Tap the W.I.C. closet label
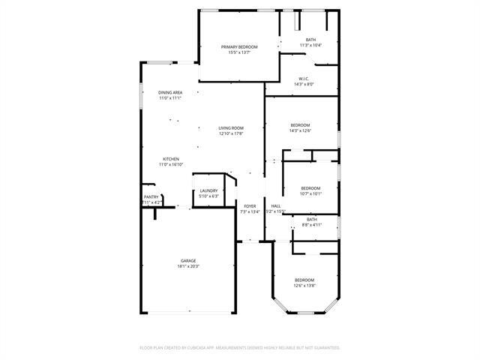click(x=304, y=79)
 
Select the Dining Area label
click(x=170, y=92)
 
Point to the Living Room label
click(x=231, y=128)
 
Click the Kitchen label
click(x=171, y=158)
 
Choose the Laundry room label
click(x=208, y=190)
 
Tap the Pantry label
click(x=151, y=197)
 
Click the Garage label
click(x=188, y=260)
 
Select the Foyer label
click(x=250, y=205)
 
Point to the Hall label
click(x=276, y=205)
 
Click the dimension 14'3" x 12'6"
click(x=300, y=130)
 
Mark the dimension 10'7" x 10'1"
click(x=310, y=193)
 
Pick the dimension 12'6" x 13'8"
click(x=304, y=285)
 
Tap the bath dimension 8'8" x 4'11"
click(x=310, y=225)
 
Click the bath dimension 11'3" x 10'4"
click(x=310, y=45)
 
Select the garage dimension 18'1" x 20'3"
click(x=188, y=265)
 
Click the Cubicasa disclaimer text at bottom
click(x=240, y=347)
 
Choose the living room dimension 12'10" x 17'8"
click(x=231, y=134)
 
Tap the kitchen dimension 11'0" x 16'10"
click(x=171, y=164)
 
